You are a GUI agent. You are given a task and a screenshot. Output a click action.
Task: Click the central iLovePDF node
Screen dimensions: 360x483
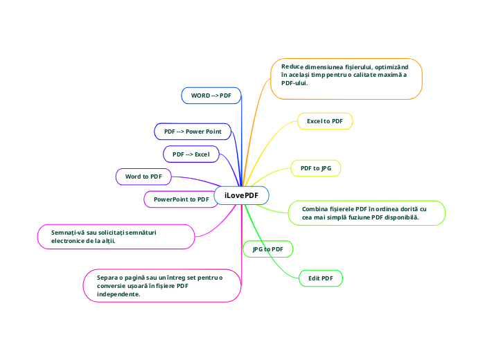(241, 196)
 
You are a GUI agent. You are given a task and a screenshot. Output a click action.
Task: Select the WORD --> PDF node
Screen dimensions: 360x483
(211, 95)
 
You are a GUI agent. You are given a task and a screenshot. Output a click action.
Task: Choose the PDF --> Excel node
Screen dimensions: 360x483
(191, 154)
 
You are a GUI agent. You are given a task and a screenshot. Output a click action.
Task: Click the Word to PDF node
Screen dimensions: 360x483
(143, 177)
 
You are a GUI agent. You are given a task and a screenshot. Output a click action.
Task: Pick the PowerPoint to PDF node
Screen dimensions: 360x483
(181, 199)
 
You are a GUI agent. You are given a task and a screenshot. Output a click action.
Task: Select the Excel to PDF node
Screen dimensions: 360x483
(325, 121)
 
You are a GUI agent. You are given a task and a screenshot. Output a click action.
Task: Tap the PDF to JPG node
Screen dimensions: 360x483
(315, 168)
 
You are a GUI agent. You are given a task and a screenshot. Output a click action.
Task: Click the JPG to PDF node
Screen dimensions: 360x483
(267, 249)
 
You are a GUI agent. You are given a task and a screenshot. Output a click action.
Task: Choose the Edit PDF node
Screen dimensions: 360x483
(320, 278)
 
